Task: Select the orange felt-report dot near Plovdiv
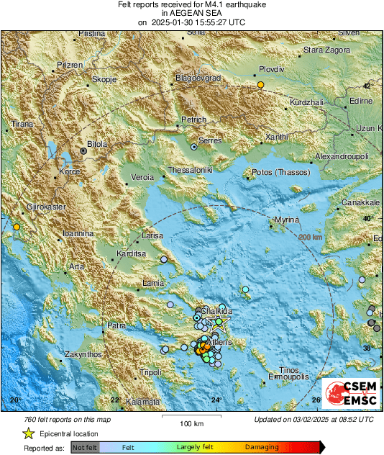261,85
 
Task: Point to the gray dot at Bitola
84,151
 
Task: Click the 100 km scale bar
190,415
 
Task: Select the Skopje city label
106,80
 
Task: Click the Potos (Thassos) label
280,173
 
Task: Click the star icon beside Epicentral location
28,433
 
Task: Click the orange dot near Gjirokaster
16,227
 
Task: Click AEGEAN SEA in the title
191,13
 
